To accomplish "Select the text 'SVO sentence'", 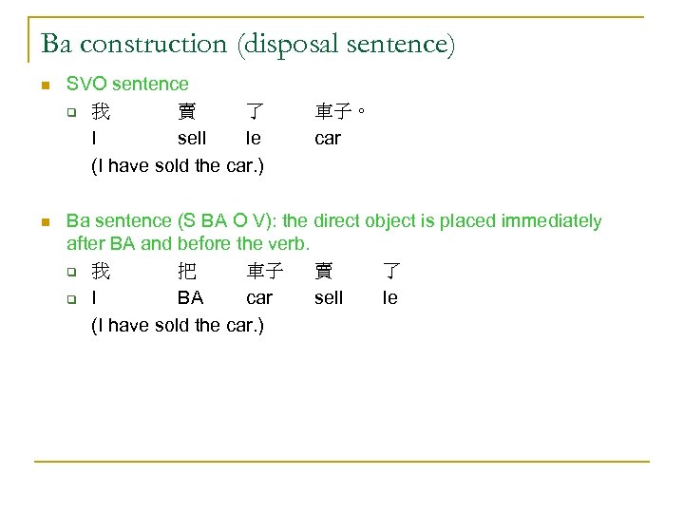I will (127, 85).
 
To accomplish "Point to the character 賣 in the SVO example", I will (187, 112).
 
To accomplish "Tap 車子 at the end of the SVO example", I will (332, 112).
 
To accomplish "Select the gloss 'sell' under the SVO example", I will (192, 139).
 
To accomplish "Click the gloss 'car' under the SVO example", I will (328, 139).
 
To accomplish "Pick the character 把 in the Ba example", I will (187, 272).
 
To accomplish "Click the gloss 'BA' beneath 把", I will (190, 298).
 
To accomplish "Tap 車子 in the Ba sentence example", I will (264, 272).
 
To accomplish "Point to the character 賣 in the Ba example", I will (324, 272).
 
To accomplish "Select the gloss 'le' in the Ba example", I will (389, 298).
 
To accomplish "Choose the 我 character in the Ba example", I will (100, 272).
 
